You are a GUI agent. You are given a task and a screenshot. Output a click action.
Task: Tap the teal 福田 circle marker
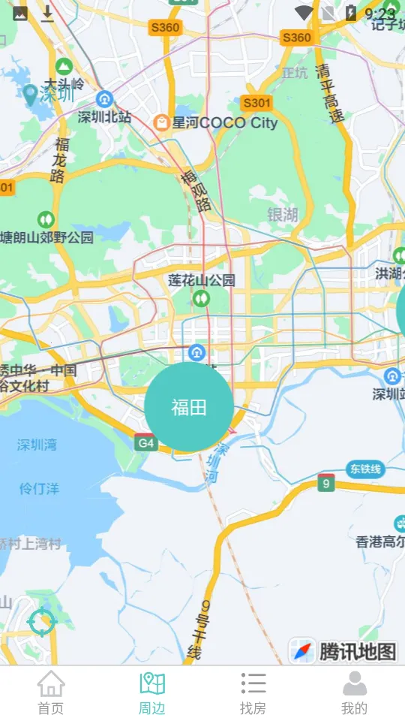(188, 407)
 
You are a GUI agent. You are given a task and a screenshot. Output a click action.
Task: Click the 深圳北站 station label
(104, 117)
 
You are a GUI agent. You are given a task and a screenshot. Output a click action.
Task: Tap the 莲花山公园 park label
(202, 280)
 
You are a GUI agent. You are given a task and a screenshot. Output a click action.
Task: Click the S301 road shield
(256, 102)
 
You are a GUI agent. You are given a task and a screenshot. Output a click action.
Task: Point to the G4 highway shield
(145, 442)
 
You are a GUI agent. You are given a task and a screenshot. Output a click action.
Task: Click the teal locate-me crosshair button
(41, 622)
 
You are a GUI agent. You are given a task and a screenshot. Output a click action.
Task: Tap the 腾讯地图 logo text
(357, 651)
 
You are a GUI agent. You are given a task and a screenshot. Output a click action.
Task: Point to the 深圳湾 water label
(37, 445)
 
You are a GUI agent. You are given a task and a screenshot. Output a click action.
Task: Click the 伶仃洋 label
(39, 488)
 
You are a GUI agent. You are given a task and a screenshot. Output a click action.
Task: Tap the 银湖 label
(283, 215)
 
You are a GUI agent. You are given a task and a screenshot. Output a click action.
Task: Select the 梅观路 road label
(194, 191)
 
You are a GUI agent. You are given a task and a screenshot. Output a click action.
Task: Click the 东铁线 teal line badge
(365, 469)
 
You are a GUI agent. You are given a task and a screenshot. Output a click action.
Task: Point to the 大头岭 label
(64, 83)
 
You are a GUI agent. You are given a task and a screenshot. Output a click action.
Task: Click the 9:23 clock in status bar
(379, 14)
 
